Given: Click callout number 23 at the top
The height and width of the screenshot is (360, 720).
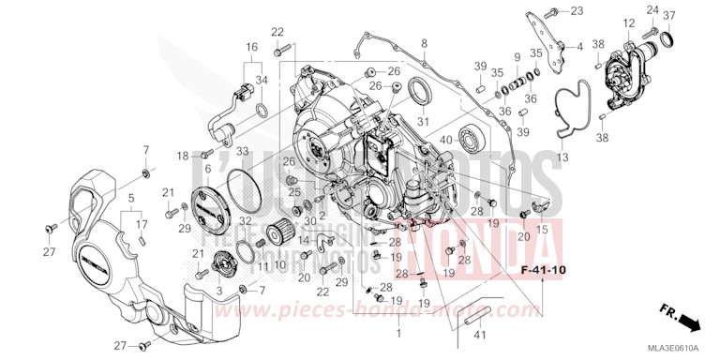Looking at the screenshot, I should [575, 11].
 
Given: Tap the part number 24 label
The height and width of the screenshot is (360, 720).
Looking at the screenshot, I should [652, 11].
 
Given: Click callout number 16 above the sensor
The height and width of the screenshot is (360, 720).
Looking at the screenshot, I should [251, 46].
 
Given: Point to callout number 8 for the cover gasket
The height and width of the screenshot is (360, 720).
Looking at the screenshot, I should [424, 43].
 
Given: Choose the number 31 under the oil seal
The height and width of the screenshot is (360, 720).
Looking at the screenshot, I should [423, 122].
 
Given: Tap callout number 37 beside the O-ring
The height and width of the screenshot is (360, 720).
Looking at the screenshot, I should [668, 15].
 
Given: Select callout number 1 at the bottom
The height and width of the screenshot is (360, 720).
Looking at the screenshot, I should [400, 333].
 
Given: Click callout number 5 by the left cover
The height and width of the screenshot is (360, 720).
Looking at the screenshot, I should [130, 198].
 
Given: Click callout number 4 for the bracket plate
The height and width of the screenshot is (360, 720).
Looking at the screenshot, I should [579, 45].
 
